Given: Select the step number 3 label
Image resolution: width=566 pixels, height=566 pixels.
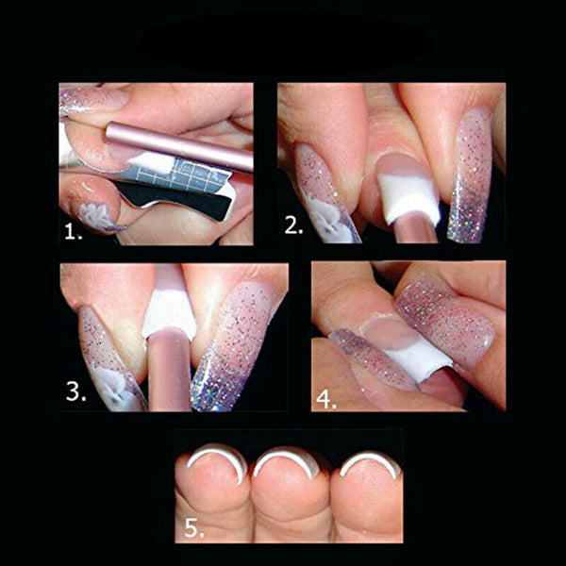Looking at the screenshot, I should pos(75,391).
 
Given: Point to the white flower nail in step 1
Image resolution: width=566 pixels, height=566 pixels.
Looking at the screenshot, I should pos(94,217).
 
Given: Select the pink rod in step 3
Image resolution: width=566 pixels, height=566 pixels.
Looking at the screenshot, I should pos(171,373).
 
